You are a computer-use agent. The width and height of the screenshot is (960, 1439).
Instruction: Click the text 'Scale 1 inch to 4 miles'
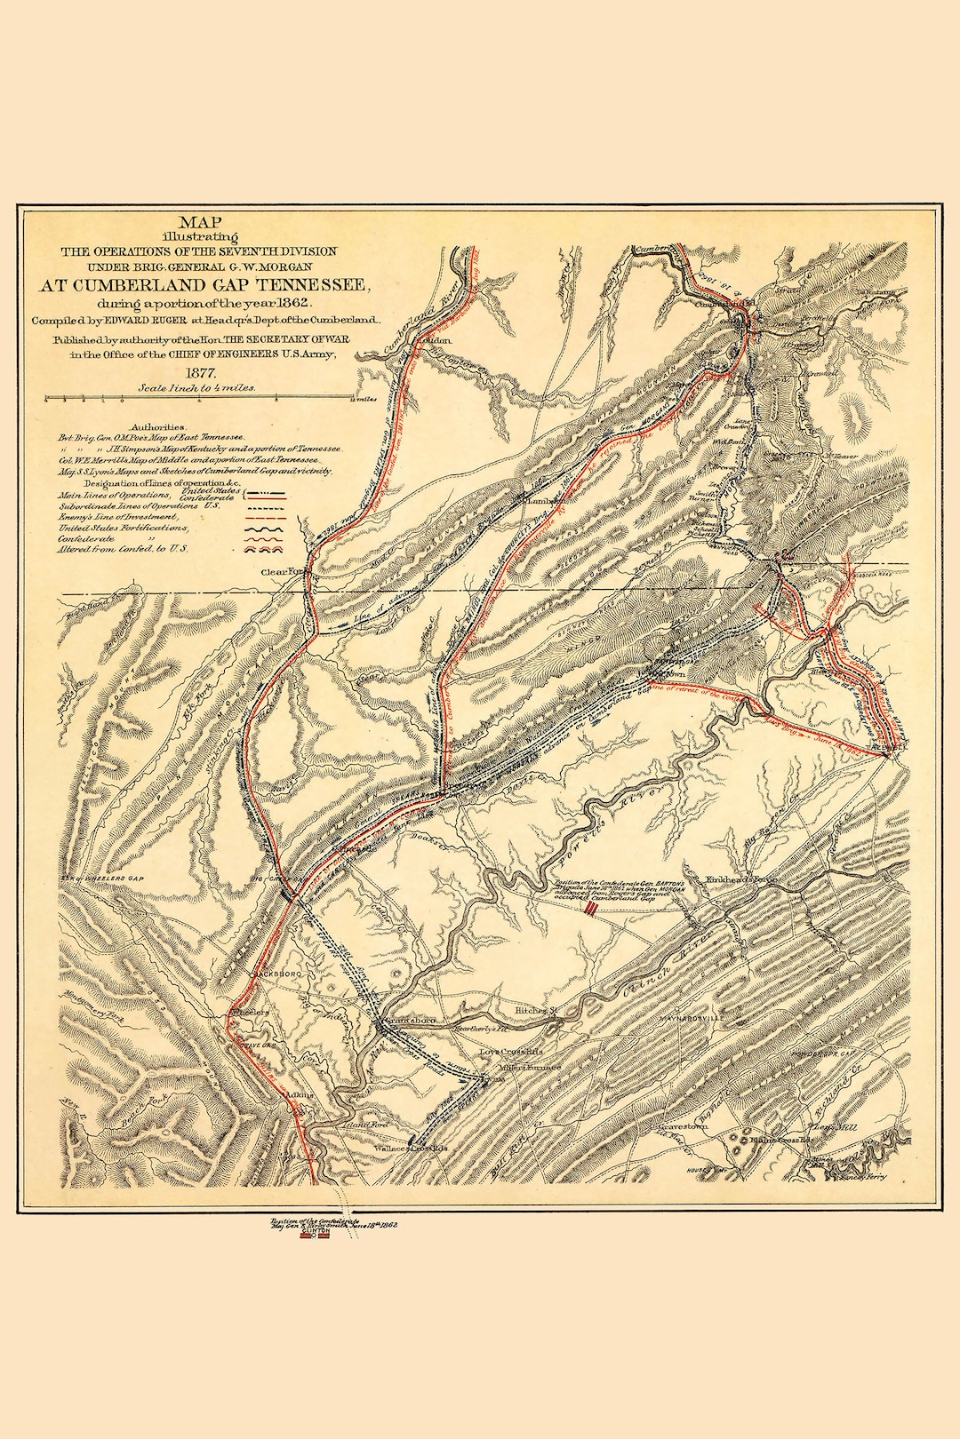coord(197,388)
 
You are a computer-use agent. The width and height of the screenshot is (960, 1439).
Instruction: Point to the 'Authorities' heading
coord(157,427)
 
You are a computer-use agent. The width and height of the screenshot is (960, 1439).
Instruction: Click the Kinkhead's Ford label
coord(741,879)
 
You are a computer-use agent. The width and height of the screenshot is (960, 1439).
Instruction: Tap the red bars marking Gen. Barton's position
coord(591,911)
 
